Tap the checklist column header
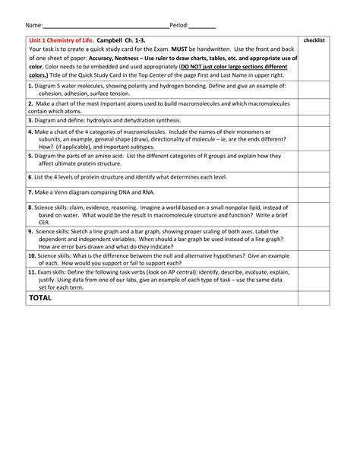314,40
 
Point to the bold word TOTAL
40,298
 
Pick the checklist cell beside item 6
314,176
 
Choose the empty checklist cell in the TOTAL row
314,298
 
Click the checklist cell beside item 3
314,120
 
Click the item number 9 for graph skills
30,231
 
